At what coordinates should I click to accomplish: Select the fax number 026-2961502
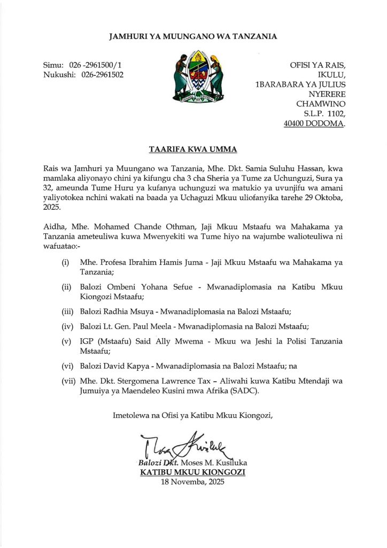(x=103, y=74)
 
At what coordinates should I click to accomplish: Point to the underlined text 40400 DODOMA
(x=314, y=123)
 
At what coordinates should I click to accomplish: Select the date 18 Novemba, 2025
(x=193, y=482)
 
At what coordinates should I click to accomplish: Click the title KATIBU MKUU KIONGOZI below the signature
(x=193, y=473)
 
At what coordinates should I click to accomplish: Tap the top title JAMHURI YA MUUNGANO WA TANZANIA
(x=193, y=36)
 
